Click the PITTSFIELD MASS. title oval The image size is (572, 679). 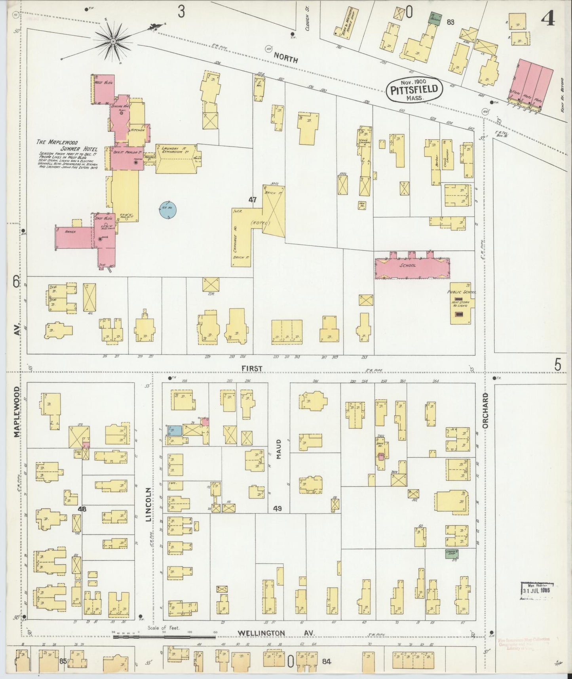414,90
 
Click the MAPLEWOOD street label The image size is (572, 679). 17,412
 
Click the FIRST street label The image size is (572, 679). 252,369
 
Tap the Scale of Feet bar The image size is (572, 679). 164,637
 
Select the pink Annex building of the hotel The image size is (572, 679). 74,238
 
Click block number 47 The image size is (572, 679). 253,200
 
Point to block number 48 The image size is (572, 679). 82,509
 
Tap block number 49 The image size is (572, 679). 277,508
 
